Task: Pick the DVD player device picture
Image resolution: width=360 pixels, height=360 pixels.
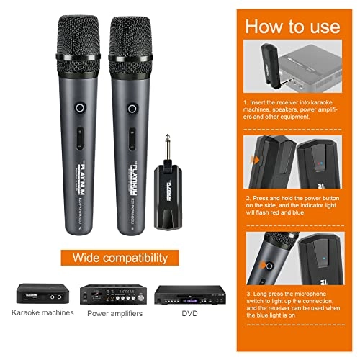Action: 186,294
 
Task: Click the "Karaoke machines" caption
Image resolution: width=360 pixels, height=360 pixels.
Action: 42,313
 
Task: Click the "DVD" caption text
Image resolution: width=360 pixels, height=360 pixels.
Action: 186,313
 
